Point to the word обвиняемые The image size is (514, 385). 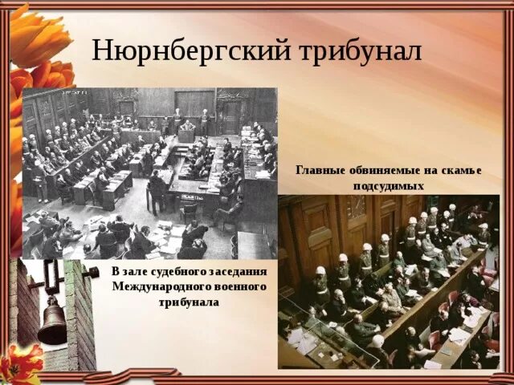coord(378,170)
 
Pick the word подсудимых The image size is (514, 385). coord(388,185)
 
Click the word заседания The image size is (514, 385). coord(239,272)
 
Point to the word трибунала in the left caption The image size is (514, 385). coord(190,302)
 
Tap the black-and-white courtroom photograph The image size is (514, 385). coord(149,172)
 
